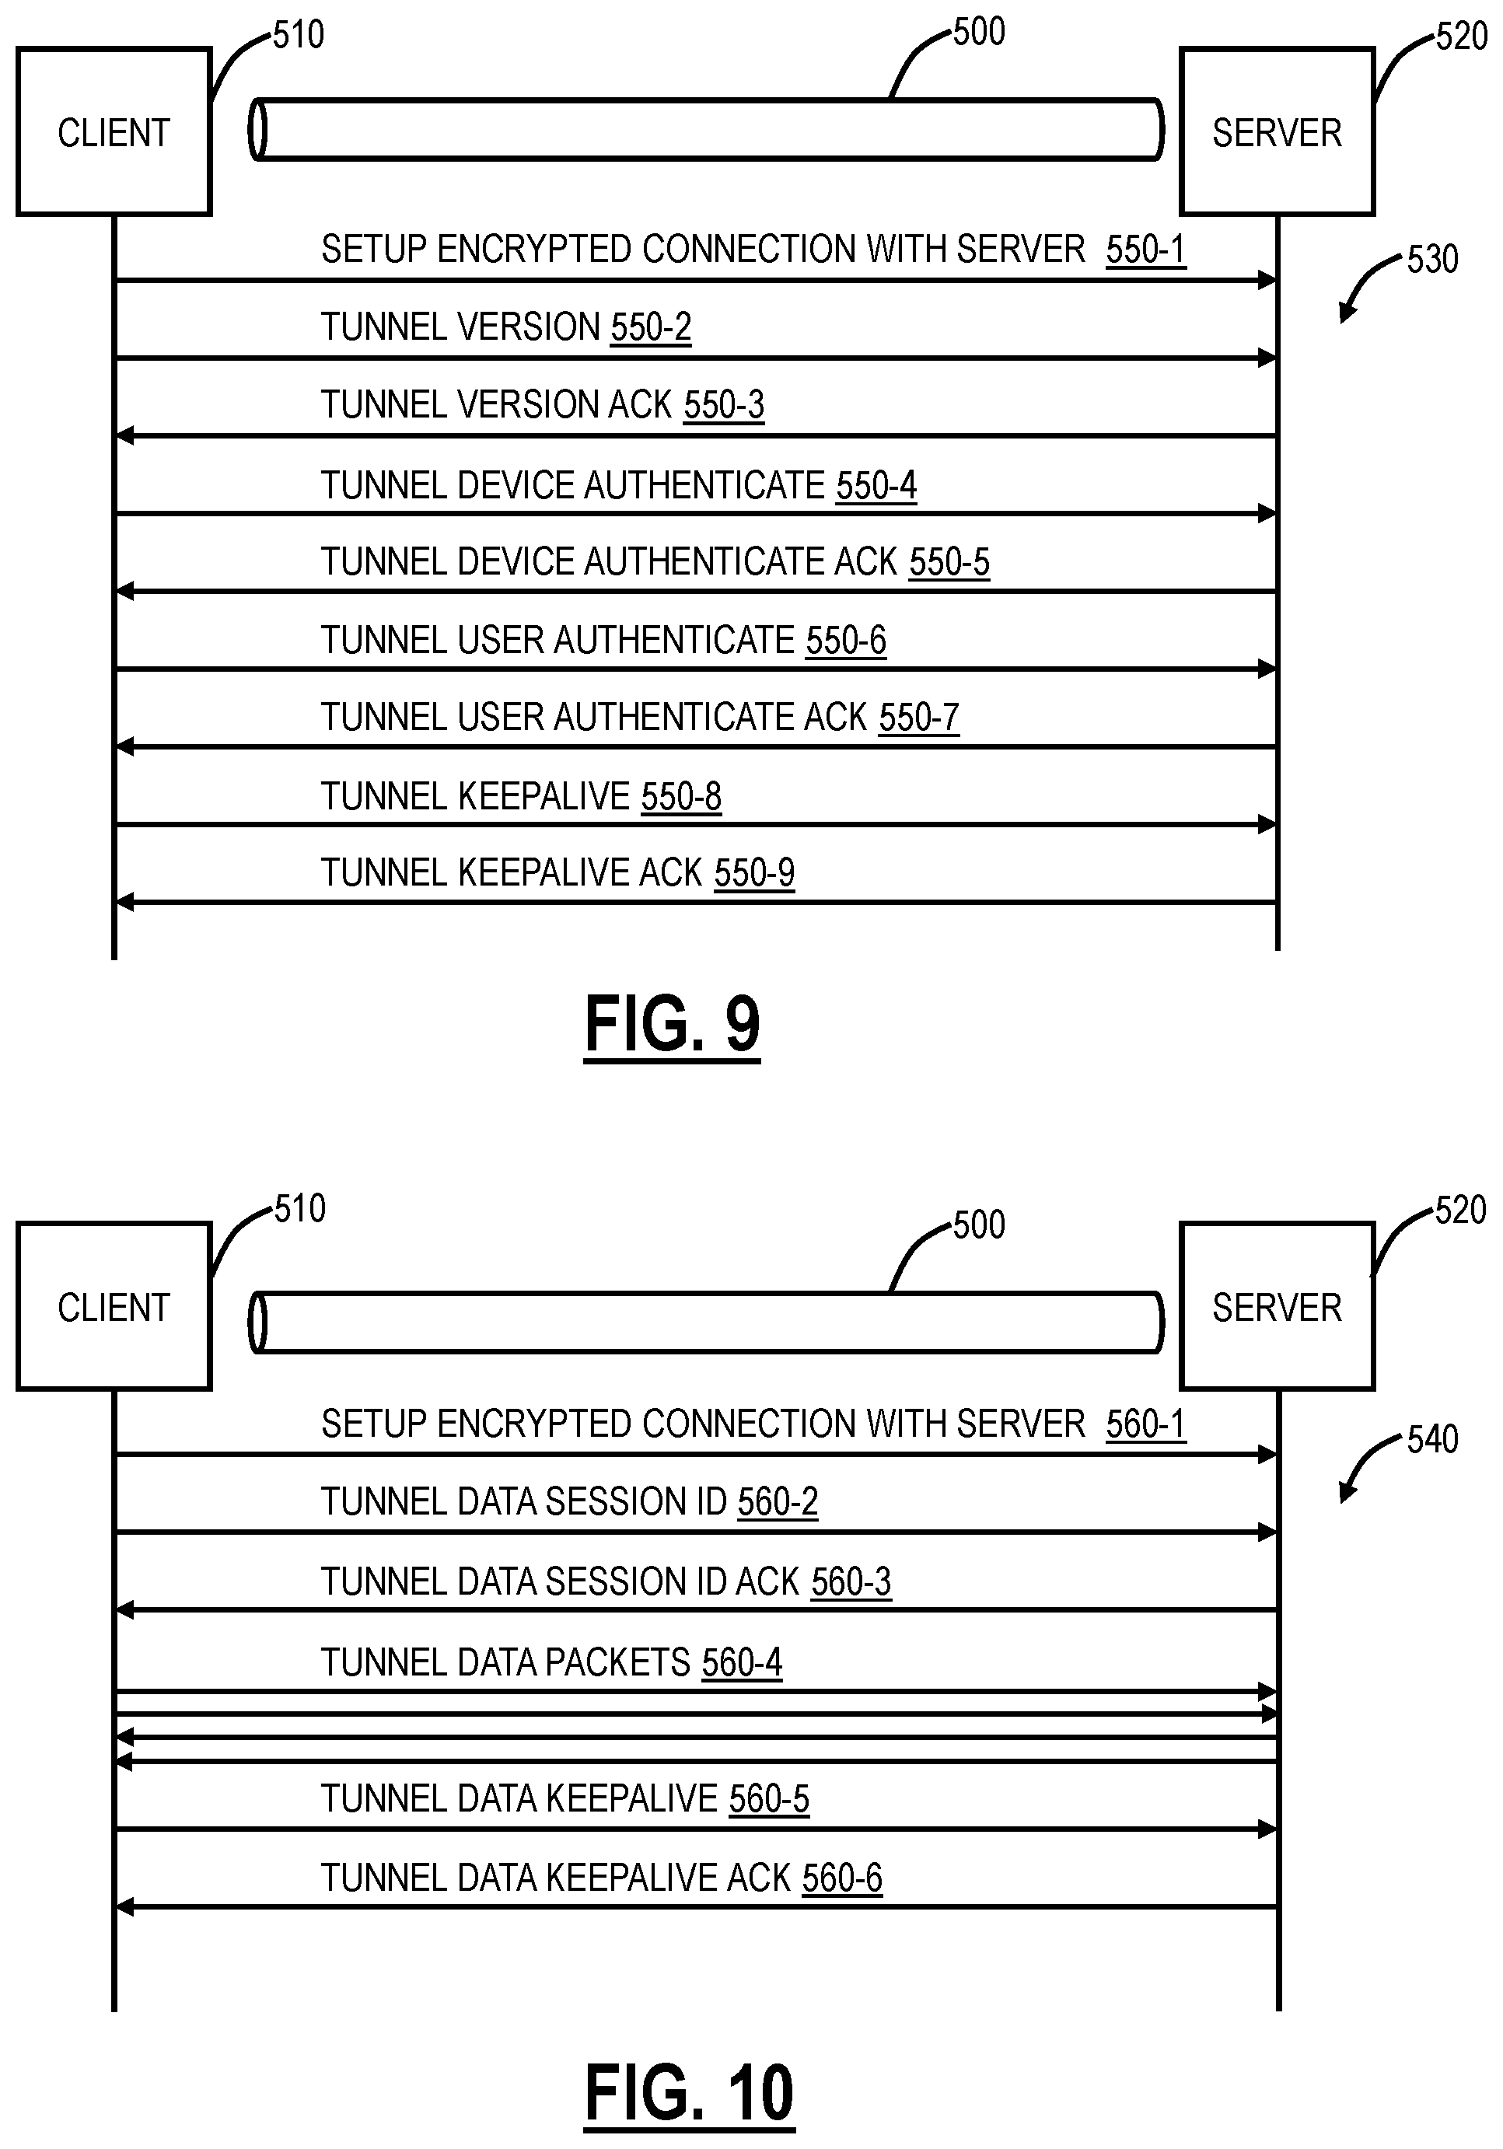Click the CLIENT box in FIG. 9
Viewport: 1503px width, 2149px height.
pos(114,132)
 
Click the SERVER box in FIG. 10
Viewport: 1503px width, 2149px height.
pos(1277,1307)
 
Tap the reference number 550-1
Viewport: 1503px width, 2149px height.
pos(1145,250)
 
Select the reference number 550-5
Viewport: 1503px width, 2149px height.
pos(949,563)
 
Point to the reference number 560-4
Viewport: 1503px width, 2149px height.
pos(741,1663)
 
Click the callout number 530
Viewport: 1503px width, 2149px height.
pos(1432,259)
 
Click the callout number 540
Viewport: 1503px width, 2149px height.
pos(1432,1439)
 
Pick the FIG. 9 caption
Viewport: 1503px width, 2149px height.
pos(672,1025)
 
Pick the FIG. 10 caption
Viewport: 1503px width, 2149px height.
pos(689,2093)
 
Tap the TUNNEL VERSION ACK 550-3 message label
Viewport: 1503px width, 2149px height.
pos(543,405)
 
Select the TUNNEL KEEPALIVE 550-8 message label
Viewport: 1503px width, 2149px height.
pos(521,796)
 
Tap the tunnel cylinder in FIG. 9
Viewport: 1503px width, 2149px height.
pos(707,130)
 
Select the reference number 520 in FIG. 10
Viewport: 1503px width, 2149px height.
pos(1460,1211)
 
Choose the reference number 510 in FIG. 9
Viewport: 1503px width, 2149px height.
pos(299,36)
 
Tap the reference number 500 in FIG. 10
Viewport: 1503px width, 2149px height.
pos(979,1225)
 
